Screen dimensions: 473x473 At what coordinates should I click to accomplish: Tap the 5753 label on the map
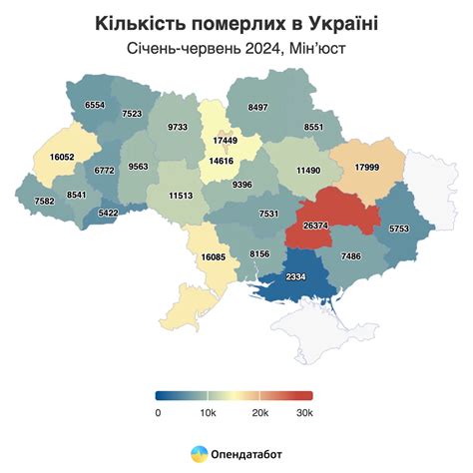(399, 229)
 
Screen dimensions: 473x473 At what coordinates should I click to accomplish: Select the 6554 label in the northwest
(95, 105)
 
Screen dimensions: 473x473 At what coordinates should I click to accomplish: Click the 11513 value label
(181, 196)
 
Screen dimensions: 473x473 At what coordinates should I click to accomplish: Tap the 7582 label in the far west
(44, 201)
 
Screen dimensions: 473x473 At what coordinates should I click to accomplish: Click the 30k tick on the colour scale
(305, 412)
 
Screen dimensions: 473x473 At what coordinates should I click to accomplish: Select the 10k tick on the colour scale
(208, 412)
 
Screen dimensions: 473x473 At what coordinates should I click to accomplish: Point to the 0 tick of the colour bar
(159, 412)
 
